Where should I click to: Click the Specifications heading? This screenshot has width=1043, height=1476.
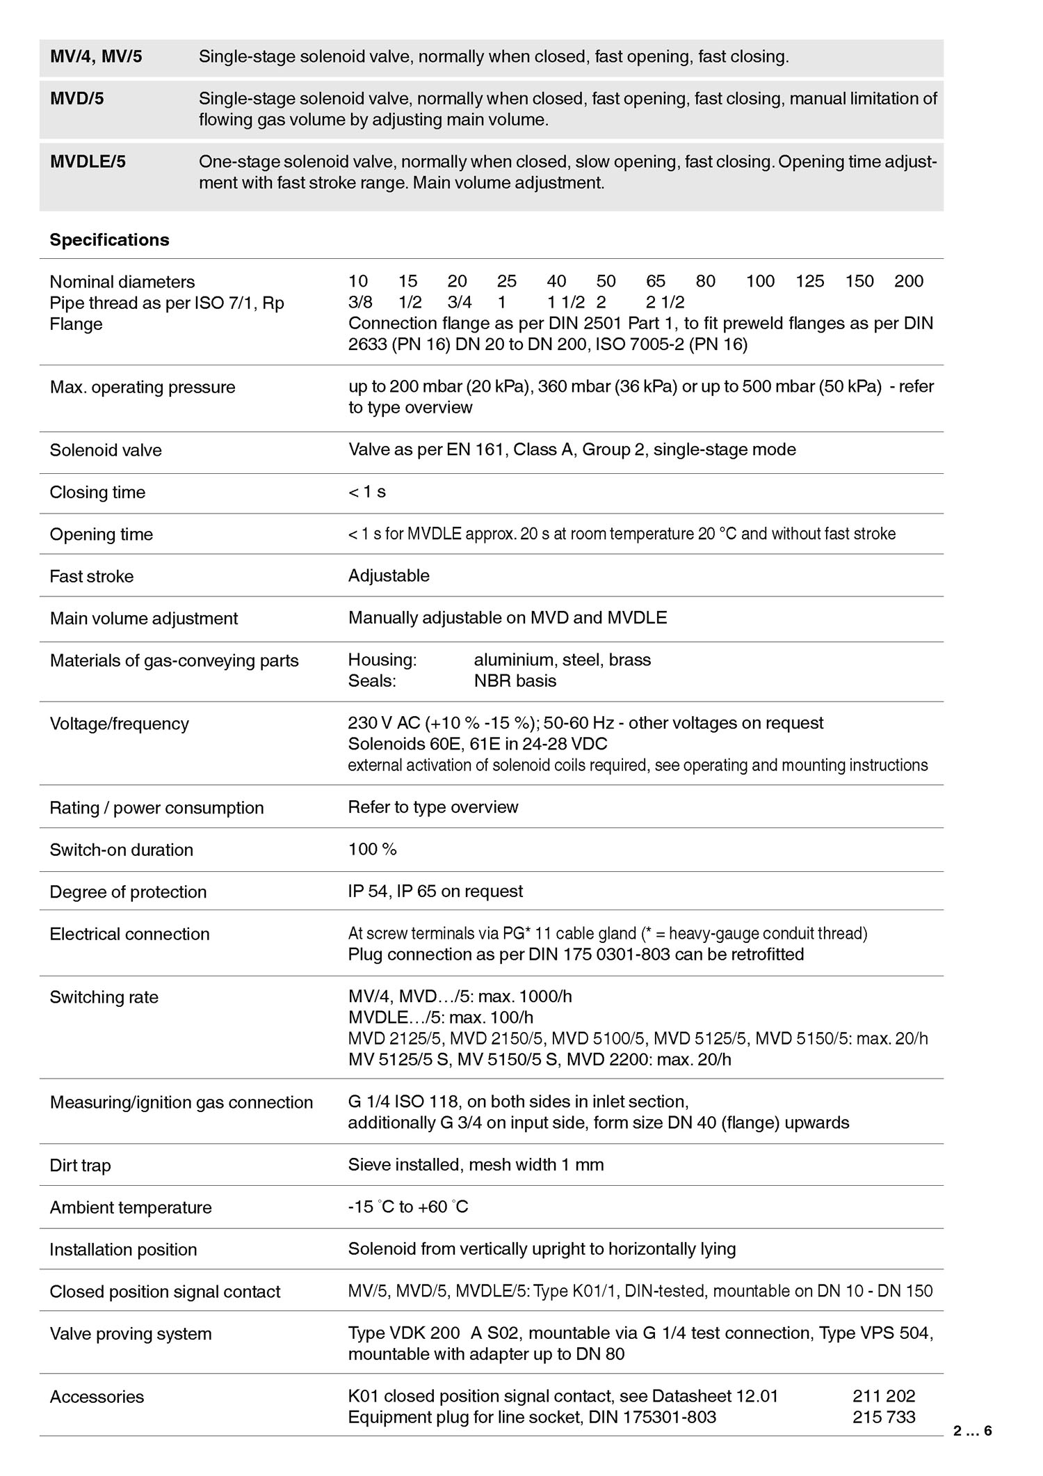coord(109,240)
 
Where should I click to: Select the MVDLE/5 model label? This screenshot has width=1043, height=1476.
coord(88,162)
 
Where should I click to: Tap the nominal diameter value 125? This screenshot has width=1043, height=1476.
coord(810,281)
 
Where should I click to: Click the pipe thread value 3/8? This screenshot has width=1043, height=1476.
coord(360,303)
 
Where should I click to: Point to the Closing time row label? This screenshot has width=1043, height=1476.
coord(97,493)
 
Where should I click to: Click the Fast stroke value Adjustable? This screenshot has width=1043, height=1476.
coord(389,576)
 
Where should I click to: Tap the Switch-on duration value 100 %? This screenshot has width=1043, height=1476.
coord(372,850)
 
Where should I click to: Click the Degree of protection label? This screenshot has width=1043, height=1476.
coord(128,892)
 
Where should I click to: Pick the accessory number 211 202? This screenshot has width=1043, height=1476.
coord(884,1396)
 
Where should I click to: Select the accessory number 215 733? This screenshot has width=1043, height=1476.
coord(884,1417)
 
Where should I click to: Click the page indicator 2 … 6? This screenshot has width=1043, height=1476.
coord(972,1431)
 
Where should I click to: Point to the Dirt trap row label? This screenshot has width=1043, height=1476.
coord(80,1166)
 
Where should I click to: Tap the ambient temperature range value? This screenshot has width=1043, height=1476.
coord(408,1207)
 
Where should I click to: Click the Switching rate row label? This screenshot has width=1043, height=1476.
coord(104,997)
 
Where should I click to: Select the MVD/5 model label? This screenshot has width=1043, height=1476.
coord(76,99)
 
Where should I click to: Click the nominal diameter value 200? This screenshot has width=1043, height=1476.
coord(909,281)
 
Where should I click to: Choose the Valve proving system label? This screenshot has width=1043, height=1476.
coord(130,1334)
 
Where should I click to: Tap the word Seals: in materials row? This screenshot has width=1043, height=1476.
coord(372,681)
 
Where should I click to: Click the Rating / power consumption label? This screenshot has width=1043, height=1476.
coord(156,808)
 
